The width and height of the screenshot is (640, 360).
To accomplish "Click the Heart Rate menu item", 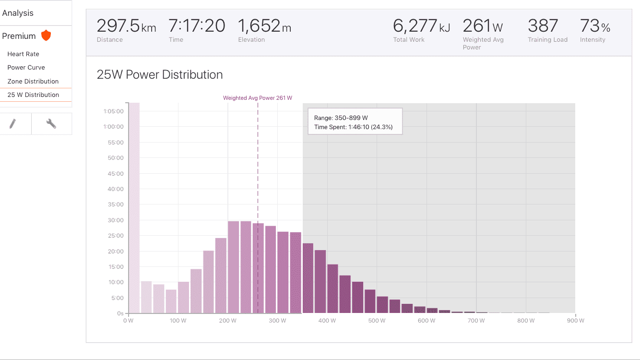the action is [x=23, y=54].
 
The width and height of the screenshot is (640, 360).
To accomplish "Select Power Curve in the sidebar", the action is [x=26, y=68].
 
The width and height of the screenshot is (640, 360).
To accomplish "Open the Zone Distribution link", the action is [x=33, y=81].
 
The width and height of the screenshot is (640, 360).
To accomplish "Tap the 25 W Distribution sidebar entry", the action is [x=33, y=95].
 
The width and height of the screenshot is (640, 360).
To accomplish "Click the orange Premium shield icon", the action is [x=46, y=36].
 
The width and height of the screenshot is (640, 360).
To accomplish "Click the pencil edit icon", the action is [x=12, y=124].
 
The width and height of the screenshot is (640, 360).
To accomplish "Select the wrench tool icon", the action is [x=51, y=124].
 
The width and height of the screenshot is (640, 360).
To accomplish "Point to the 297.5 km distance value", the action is [x=126, y=26].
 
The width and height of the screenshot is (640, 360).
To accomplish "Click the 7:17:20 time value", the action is [x=197, y=26].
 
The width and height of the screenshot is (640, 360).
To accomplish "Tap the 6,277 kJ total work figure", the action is [x=421, y=26].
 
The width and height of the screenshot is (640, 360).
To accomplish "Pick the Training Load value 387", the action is [x=543, y=26].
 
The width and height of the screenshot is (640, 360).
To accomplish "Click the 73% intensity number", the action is [x=595, y=26].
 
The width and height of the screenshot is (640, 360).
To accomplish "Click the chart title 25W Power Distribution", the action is [x=160, y=74].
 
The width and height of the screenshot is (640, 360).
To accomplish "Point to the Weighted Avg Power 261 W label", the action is [x=258, y=98].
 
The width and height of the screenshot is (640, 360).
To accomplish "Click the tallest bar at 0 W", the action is [x=134, y=208].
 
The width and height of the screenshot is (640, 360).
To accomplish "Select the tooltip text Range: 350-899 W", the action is [x=341, y=118].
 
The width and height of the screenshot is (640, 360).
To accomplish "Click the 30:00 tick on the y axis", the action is [x=116, y=220].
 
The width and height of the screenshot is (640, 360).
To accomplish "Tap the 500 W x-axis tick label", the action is [x=377, y=321].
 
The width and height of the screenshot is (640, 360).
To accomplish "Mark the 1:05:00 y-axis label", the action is [x=113, y=111].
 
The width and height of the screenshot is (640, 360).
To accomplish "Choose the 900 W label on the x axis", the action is [x=575, y=321].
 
